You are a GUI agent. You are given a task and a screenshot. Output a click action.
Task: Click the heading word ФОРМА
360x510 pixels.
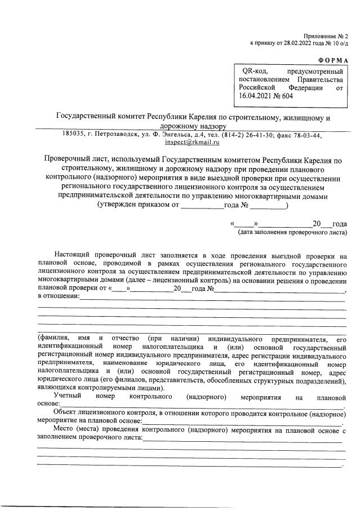(x=332, y=60)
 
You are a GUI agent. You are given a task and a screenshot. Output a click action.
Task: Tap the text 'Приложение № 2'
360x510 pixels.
(x=326, y=35)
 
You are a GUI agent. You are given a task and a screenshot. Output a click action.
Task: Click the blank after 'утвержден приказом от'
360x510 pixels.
(x=202, y=206)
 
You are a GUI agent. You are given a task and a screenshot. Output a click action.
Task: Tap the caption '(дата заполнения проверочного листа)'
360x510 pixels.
(x=292, y=232)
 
